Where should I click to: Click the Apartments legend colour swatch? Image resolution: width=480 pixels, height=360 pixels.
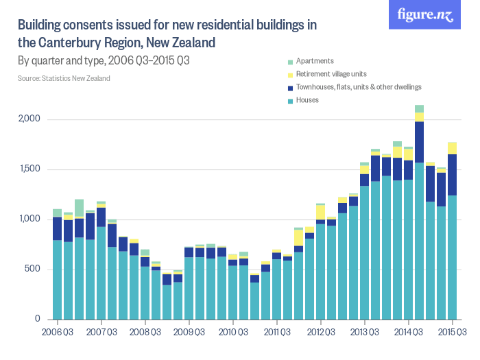pos(291,61)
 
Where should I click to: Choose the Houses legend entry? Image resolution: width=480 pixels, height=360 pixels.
pos(308,100)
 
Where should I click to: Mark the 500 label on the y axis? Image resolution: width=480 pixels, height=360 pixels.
pos(35,269)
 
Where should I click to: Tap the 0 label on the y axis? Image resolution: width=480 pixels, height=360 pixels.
pos(39,320)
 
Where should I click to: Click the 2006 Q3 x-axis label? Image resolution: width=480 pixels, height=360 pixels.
pos(58,333)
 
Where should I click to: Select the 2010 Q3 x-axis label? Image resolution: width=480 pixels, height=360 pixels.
pos(233,333)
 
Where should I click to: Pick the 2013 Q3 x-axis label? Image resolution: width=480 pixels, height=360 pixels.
pos(365,333)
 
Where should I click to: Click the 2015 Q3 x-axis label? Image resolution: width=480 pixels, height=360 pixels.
pos(453,333)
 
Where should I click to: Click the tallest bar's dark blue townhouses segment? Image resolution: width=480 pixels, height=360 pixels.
pos(419,142)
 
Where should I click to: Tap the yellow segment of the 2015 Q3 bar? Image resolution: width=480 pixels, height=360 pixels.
pos(452,148)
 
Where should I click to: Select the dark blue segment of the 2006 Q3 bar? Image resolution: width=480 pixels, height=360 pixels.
pos(58,228)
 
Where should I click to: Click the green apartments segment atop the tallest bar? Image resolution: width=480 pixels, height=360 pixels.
pos(419,108)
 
